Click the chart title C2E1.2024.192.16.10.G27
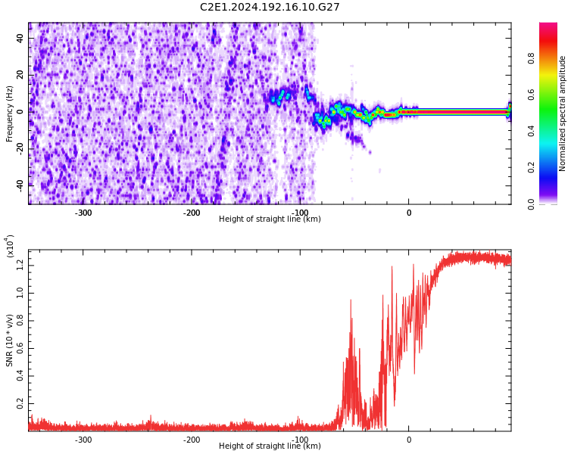pyautogui.click(x=270, y=8)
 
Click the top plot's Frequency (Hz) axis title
pyautogui.click(x=10, y=113)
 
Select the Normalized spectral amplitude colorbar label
pyautogui.click(x=563, y=113)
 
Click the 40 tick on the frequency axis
pyautogui.click(x=20, y=39)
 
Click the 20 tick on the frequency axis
pyautogui.click(x=20, y=75)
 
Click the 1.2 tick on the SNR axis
pyautogui.click(x=20, y=264)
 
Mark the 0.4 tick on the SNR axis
pyautogui.click(x=20, y=376)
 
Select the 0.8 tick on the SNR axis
pyautogui.click(x=20, y=320)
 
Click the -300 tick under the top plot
pyautogui.click(x=83, y=213)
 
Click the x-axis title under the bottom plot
pyautogui.click(x=270, y=446)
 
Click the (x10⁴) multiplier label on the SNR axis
pyautogui.click(x=10, y=246)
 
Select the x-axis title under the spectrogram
pyautogui.click(x=270, y=219)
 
